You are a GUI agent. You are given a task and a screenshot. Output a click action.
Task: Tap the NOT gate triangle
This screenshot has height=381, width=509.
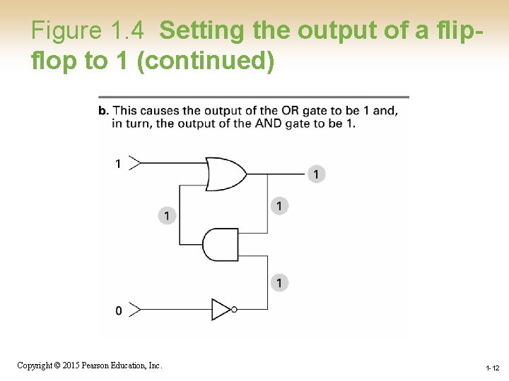pos(221,309)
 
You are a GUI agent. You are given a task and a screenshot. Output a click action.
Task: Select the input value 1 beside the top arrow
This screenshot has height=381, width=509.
pos(118,164)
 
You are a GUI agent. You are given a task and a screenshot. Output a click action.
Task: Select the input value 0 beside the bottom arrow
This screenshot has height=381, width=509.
pos(118,310)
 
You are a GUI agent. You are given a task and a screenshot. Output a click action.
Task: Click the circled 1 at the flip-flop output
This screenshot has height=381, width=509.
pos(317,174)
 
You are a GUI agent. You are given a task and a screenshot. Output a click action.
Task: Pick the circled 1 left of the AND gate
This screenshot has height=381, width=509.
pos(167,215)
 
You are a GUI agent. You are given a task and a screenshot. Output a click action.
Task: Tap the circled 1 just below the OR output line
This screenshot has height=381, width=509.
pos(279,206)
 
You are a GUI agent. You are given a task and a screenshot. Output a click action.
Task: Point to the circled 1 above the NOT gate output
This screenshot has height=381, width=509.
pos(279,283)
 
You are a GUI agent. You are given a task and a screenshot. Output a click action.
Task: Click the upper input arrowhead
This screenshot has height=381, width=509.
pos(136,163)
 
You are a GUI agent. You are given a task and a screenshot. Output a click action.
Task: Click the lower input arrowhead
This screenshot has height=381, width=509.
pos(136,309)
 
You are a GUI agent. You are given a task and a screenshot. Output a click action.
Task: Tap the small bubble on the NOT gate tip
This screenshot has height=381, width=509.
pos(234,309)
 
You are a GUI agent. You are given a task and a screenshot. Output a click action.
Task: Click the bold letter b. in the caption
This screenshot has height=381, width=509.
pos(103,111)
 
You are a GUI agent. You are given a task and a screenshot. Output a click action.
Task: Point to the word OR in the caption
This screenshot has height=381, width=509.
pos(290,111)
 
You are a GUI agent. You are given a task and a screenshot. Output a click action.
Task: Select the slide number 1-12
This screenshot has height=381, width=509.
pos(493,368)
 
